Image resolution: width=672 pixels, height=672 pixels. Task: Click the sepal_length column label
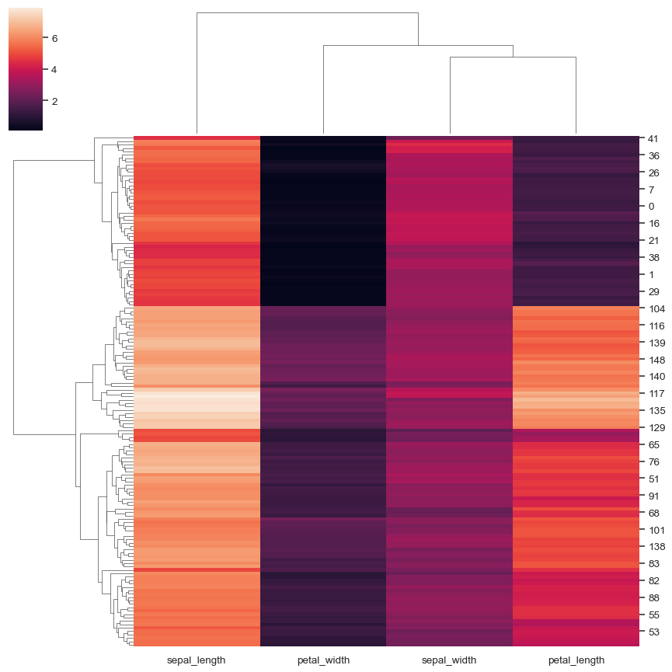[x=197, y=660]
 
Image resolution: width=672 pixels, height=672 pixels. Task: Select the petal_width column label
[x=322, y=660]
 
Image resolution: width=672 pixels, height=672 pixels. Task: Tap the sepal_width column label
[x=449, y=660]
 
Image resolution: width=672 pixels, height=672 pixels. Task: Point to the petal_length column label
[x=575, y=660]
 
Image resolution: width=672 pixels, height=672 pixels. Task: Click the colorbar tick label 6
[x=54, y=38]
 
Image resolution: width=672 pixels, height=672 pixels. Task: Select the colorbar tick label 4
[x=54, y=70]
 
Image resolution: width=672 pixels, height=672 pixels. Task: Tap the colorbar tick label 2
[x=54, y=101]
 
